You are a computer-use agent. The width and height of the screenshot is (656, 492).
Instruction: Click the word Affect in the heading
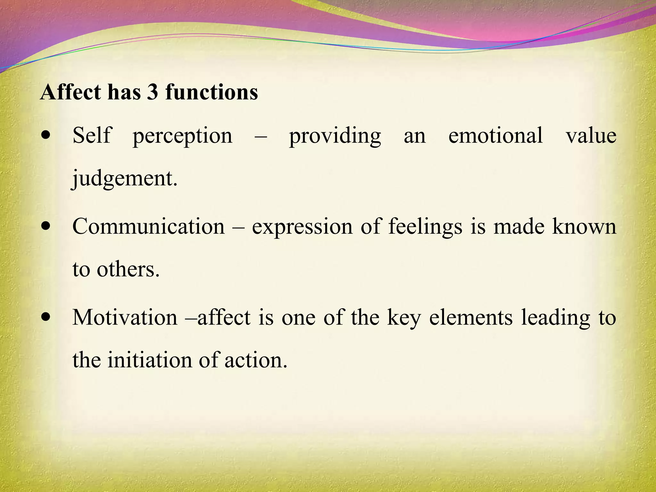[x=70, y=92]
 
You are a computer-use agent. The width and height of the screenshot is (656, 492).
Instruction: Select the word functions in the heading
[x=212, y=92]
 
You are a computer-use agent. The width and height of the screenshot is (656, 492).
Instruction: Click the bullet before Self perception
[x=46, y=135]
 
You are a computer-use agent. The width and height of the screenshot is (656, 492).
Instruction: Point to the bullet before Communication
[x=46, y=226]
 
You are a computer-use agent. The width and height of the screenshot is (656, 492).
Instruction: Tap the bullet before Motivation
[x=46, y=317]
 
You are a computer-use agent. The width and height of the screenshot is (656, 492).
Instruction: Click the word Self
[x=92, y=135]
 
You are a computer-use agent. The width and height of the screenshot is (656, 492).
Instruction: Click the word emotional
[x=496, y=135]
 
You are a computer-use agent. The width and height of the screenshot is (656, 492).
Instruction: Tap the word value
[x=591, y=135]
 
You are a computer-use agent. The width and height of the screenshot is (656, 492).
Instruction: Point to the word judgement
[x=124, y=179]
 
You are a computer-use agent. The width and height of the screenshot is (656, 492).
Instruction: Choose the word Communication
[x=149, y=226]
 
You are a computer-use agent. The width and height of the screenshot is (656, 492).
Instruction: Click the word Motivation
[x=125, y=317]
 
